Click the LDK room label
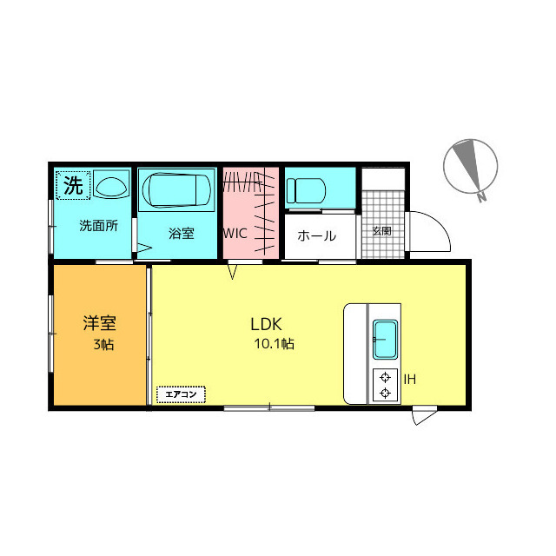coord(266,324)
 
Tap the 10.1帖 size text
coord(275,344)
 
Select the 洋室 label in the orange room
coord(100,322)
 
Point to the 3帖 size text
coord(103,344)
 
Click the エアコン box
coord(181,394)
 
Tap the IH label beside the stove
coord(410,380)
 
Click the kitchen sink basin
coord(385,340)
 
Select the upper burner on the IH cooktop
coord(385,377)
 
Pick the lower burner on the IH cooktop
coord(385,393)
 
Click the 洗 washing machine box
coord(73,185)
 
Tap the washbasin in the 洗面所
coord(111,185)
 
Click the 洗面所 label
coord(98,226)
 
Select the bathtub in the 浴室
coord(176,189)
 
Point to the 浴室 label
coord(182,234)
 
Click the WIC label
coord(235,234)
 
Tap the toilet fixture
coord(306,191)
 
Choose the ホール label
coord(316,235)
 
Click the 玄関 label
coord(382,232)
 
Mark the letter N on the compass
coord(481,197)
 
